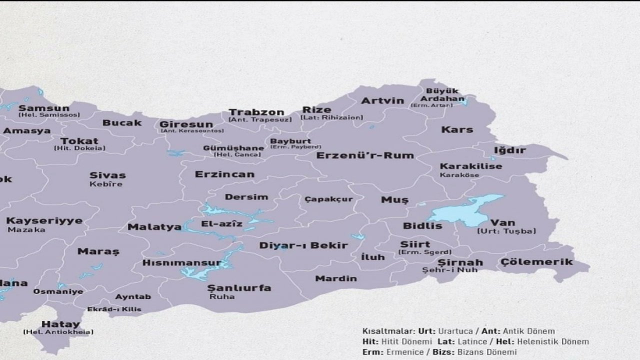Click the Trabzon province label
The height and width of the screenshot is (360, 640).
point(256,112)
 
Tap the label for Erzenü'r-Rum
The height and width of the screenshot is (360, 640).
point(365,155)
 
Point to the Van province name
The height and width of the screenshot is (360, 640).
point(502,222)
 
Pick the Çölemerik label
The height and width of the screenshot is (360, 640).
point(536,262)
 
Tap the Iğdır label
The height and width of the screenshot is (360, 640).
point(510,150)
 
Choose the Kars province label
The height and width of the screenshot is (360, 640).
point(456,129)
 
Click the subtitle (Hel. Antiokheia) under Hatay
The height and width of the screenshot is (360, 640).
point(58,332)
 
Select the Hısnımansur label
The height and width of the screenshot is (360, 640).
point(181,262)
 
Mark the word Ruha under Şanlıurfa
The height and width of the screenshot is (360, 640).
point(222,296)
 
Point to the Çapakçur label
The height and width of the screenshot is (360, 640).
point(328,199)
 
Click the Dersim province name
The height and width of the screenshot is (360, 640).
point(246,197)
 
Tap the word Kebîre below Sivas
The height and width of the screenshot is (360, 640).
point(105,184)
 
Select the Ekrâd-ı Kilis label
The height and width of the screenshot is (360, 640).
point(114,309)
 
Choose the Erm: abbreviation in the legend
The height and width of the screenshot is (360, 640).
point(373,352)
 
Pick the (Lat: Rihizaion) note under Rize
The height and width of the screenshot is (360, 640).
point(331,118)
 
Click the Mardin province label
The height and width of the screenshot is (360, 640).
point(336,278)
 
